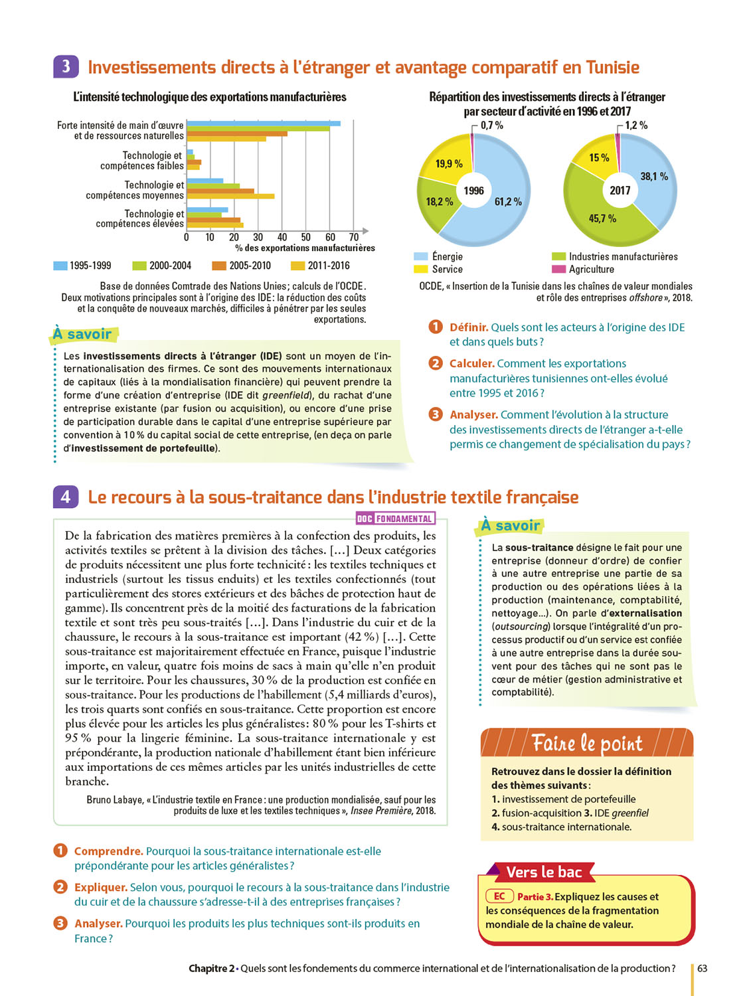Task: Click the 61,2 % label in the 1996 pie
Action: (508, 202)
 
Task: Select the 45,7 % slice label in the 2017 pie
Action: (602, 218)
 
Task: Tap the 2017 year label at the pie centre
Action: (620, 191)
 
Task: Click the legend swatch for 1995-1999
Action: (60, 266)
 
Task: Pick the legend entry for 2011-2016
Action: (321, 266)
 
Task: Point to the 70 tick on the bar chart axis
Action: (354, 237)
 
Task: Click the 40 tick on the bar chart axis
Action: (282, 237)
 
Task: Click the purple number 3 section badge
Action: (66, 67)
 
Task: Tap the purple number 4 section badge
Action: (66, 497)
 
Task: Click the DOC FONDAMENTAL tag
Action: (395, 519)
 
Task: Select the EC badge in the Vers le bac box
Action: (499, 896)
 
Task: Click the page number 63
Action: (702, 968)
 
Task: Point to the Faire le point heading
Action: (587, 743)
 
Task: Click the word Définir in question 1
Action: (469, 327)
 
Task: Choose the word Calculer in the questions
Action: (471, 363)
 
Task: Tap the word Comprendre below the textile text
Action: (108, 851)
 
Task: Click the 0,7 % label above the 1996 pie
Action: (492, 125)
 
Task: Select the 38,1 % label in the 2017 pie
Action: (654, 177)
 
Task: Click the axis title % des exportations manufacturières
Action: (305, 248)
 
